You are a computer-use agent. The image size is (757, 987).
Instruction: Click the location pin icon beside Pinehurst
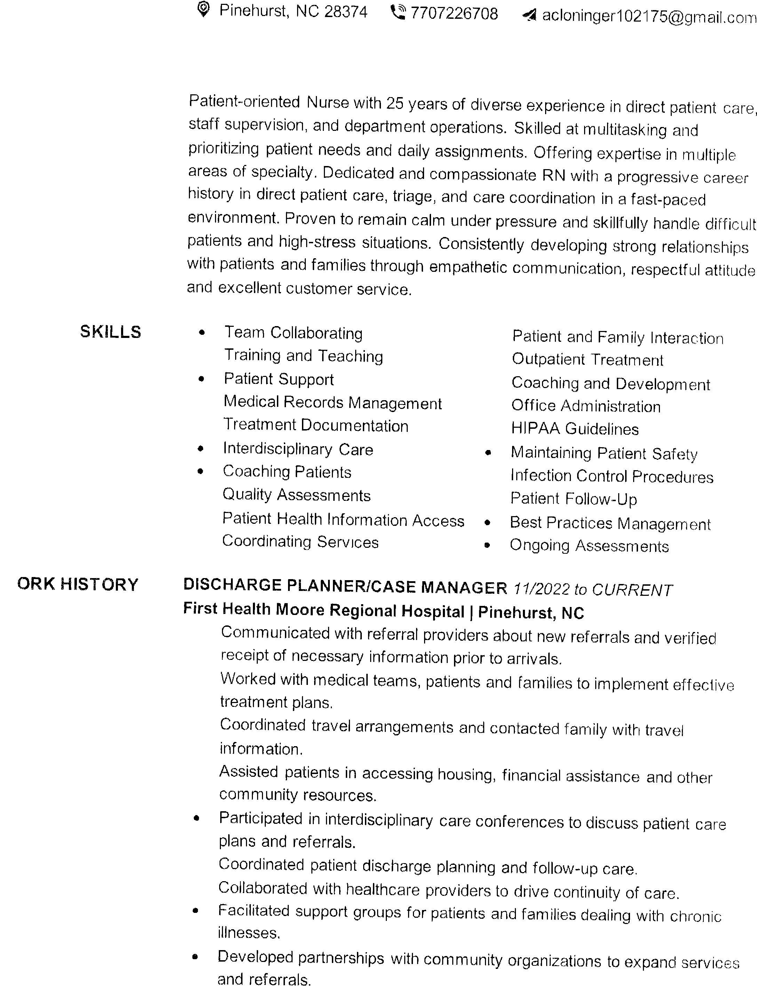click(x=204, y=9)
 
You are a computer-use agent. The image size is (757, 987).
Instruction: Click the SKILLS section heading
click(x=110, y=332)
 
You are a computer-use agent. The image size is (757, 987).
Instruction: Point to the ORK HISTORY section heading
click(x=78, y=585)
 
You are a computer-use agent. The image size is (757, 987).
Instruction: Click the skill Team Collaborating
click(x=293, y=333)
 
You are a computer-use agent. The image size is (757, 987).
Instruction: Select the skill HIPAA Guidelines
click(x=574, y=429)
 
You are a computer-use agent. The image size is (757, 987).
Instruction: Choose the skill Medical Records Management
click(x=333, y=402)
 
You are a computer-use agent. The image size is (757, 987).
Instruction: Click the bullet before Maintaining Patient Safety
click(x=487, y=452)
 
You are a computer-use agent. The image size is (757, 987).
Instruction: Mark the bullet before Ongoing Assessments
click(x=487, y=545)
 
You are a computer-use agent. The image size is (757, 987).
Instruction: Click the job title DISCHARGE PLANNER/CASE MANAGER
click(x=345, y=586)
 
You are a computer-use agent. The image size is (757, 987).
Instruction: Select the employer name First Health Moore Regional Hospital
click(x=324, y=610)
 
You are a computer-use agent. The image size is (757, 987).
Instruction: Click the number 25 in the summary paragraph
click(x=395, y=104)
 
